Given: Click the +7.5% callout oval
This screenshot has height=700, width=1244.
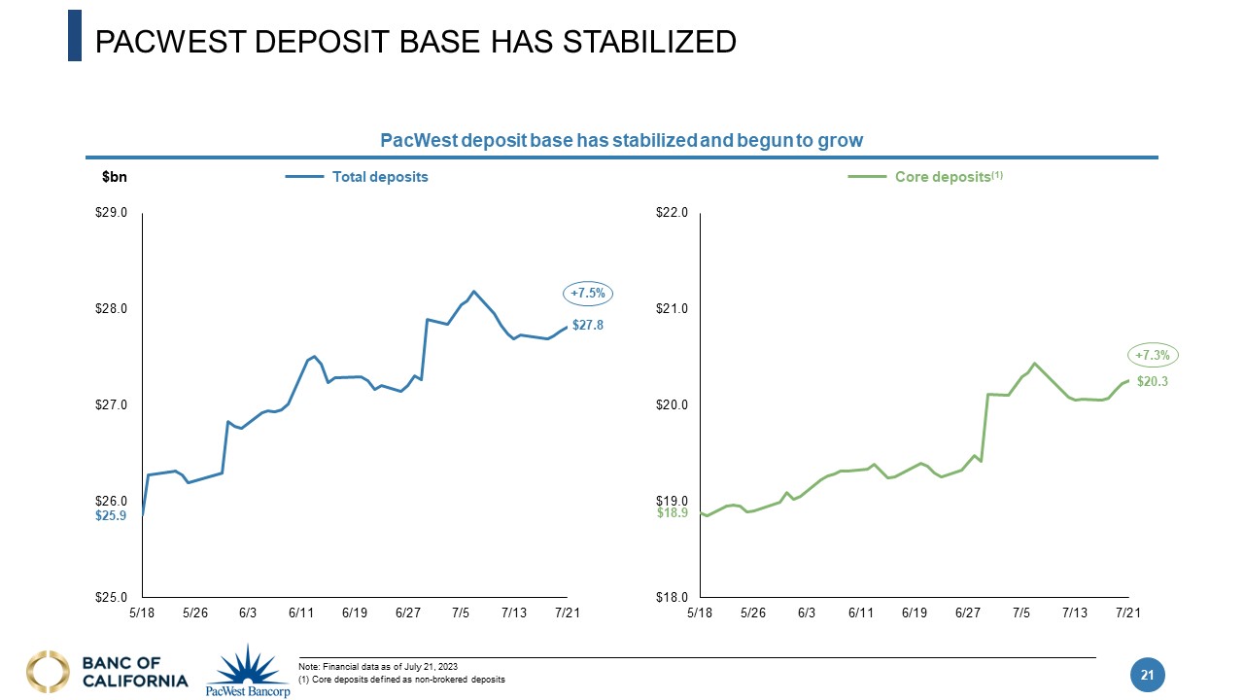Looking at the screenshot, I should point(588,294).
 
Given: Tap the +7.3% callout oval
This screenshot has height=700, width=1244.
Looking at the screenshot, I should point(1153,357).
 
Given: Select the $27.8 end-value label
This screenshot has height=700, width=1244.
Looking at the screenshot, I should point(587,326).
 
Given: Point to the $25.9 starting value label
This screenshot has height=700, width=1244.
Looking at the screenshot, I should point(111,516).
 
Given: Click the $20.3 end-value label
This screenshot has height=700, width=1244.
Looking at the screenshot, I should point(1152,382).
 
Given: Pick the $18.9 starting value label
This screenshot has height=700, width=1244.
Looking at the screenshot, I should point(673,512).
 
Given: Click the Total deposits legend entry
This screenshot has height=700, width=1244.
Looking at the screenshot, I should point(380,177).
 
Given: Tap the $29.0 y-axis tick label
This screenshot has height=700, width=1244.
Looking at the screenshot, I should point(111,212).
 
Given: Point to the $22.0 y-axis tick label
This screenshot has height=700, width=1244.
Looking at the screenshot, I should point(673,212).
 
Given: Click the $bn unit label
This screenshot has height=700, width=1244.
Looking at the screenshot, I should point(115,177).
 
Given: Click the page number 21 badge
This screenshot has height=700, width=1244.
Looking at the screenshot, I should point(1147,675).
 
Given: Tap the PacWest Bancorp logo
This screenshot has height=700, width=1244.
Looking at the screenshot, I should point(249,670).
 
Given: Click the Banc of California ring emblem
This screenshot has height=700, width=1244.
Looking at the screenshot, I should point(49,672).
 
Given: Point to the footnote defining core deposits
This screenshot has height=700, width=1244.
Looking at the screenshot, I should point(402,679).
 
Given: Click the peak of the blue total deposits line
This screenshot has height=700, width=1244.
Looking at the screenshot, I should point(473,292).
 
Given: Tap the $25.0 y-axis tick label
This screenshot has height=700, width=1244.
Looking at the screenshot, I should point(111,597).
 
